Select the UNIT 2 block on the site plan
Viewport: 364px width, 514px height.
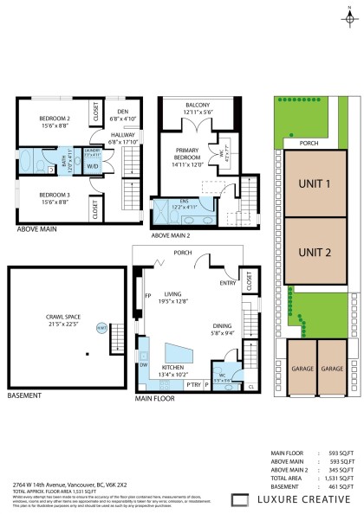[315, 253]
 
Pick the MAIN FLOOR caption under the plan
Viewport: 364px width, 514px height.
[155, 399]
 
